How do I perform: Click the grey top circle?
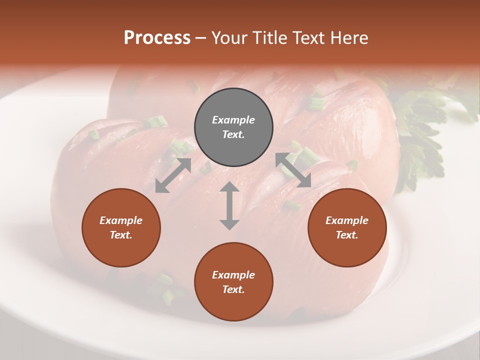(x=233, y=127)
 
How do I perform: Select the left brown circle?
(x=121, y=228)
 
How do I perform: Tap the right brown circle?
(x=347, y=228)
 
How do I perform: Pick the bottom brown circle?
(x=233, y=282)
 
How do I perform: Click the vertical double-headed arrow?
(x=229, y=205)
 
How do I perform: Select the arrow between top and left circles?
(x=173, y=175)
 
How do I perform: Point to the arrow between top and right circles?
(x=293, y=170)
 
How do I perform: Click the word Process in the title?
(x=157, y=38)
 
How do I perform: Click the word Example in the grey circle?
(x=233, y=120)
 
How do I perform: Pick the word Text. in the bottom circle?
(x=233, y=289)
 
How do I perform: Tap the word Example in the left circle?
(x=121, y=220)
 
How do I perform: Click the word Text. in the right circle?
(x=347, y=235)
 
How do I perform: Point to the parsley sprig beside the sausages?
(x=425, y=130)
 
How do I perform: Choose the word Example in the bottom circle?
(x=233, y=275)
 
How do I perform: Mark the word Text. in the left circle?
(x=121, y=235)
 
